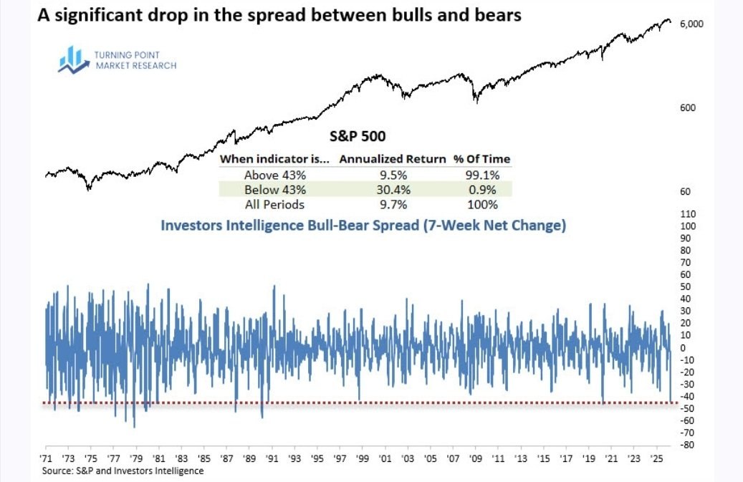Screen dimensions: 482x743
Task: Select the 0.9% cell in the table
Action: pos(479,190)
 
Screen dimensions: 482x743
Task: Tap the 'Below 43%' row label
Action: pos(275,190)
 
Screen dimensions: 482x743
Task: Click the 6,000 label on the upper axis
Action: pos(692,24)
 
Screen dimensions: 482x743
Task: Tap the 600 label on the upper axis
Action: pos(688,108)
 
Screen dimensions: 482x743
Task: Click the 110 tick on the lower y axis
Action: pos(687,214)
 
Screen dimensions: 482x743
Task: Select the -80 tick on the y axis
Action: pos(686,445)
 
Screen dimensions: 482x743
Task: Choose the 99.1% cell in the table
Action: pos(479,175)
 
